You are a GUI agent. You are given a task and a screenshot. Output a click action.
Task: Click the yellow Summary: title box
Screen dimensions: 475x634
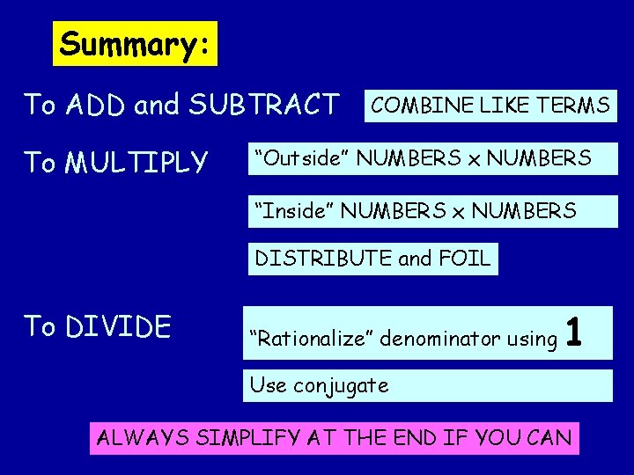tap(136, 44)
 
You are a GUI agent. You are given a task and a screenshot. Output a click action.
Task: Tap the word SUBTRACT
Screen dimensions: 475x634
tap(263, 106)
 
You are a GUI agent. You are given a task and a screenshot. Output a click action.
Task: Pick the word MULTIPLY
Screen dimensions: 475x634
tap(136, 163)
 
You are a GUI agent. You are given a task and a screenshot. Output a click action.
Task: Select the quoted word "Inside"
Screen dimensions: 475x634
tap(293, 211)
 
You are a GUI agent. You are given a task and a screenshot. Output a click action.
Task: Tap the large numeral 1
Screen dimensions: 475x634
tap(574, 332)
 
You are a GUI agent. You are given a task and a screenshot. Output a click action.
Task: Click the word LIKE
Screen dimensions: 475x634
tap(500, 106)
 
